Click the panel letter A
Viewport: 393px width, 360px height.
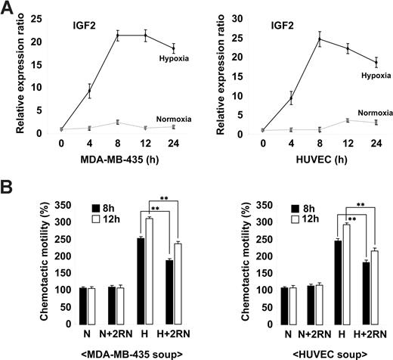click(x=8, y=9)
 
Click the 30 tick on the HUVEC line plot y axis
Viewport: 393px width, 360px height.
click(x=237, y=15)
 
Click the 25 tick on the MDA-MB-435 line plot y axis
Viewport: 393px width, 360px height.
click(x=40, y=15)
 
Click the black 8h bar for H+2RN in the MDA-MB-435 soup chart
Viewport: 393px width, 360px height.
click(x=169, y=293)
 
